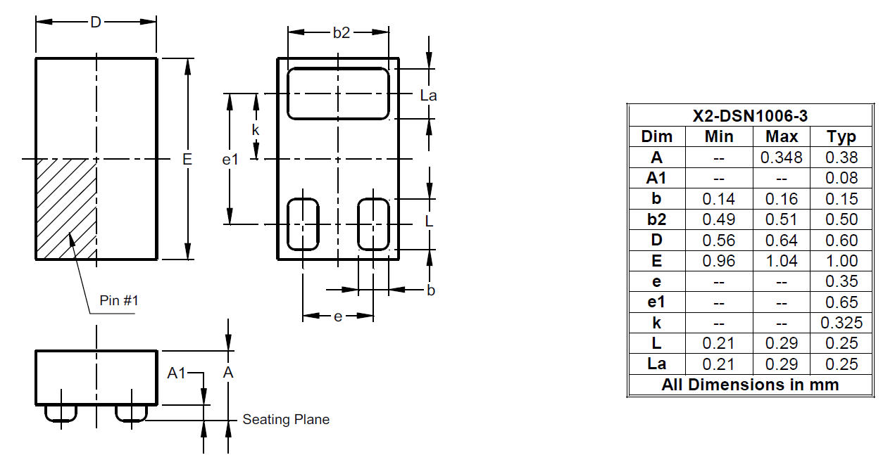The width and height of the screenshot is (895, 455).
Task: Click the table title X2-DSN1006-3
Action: [750, 116]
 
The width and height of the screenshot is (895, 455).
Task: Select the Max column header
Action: [782, 136]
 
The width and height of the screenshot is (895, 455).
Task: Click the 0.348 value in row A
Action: [782, 158]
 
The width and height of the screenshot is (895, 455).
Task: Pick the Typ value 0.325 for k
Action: [841, 323]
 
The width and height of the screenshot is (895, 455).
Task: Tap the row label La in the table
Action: [656, 364]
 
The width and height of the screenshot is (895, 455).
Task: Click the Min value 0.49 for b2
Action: [718, 219]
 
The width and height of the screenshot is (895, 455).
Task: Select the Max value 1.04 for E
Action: [782, 261]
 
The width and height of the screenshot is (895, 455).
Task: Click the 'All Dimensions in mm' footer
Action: [750, 385]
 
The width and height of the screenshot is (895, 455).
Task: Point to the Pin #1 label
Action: [119, 300]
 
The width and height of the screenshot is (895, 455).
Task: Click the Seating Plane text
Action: [286, 420]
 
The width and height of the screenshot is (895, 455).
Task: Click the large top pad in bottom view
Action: [338, 94]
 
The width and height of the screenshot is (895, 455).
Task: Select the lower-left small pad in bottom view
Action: [303, 224]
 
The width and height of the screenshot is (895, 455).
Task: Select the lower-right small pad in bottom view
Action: [373, 224]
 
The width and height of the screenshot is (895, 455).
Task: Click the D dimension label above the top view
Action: [96, 22]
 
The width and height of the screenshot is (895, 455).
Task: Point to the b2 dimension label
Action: [341, 32]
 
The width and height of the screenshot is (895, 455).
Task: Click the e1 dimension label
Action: [230, 160]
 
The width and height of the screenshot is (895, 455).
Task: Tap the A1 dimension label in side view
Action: [177, 373]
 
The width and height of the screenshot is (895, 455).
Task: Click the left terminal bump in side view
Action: [61, 413]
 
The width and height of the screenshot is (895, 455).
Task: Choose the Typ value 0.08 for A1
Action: [841, 178]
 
